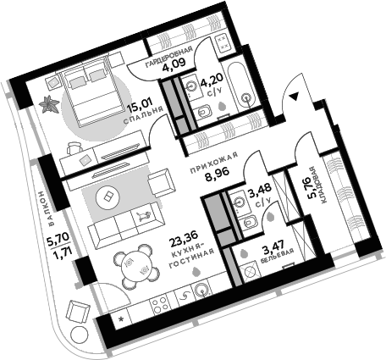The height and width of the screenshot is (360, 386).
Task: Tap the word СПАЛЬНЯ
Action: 144,116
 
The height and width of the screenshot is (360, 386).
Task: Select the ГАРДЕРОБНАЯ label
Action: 168,57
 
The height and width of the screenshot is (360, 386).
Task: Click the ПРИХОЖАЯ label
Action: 214,163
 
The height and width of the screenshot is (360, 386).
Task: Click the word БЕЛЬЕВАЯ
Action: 277,256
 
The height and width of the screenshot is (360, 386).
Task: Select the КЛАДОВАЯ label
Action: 320,185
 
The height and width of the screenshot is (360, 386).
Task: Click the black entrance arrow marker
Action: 294,97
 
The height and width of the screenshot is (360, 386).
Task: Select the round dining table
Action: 135,266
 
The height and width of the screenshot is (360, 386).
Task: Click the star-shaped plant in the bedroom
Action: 49,104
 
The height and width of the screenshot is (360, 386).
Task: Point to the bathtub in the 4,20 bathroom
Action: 242,85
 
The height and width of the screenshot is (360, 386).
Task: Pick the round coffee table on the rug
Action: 108,197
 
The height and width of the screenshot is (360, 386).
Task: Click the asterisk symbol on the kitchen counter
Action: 121,319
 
